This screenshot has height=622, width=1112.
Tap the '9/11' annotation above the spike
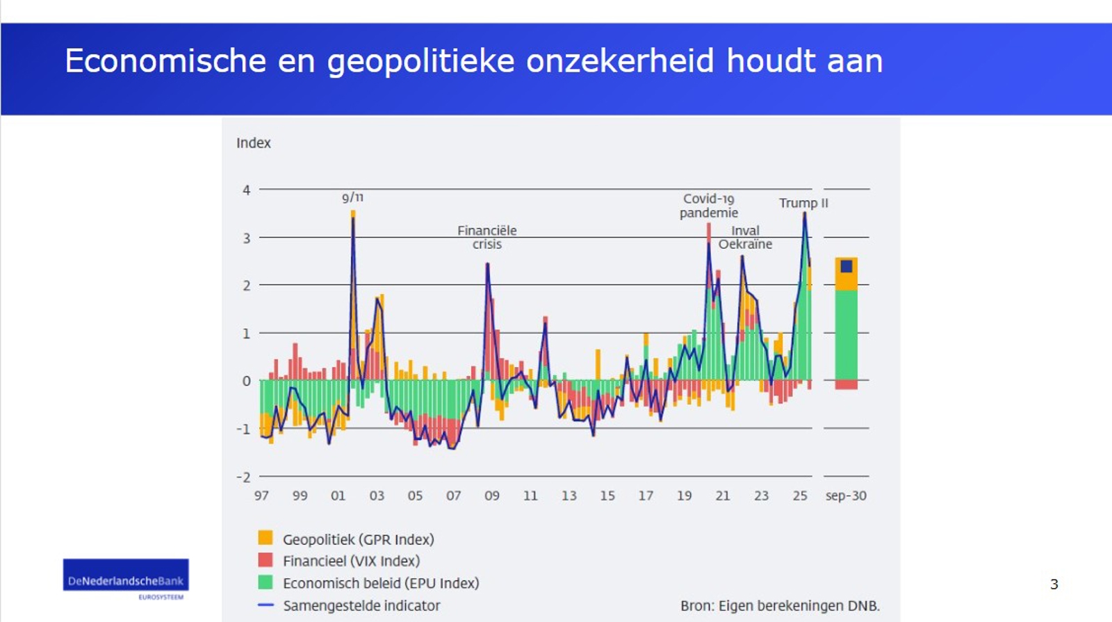point(352,197)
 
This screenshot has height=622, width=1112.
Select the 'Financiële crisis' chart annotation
point(486,237)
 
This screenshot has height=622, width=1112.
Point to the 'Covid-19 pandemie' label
point(708,206)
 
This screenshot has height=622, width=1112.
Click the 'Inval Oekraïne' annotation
point(745,237)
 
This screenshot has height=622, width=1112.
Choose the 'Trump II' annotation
point(803,203)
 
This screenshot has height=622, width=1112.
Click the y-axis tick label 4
point(246,190)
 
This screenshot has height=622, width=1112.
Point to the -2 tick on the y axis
point(243,477)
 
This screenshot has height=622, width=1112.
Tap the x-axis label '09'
point(491,496)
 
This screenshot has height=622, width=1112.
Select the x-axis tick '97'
point(261,496)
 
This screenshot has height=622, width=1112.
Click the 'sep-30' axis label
point(845,496)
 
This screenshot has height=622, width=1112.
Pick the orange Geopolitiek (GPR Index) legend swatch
point(265,538)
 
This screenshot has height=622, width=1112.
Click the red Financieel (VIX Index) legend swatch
point(265,560)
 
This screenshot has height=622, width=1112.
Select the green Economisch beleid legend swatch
point(265,582)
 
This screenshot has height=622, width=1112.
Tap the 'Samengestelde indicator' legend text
point(361,605)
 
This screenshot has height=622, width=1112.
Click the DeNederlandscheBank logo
point(126,578)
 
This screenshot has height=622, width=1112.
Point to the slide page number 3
point(1054,584)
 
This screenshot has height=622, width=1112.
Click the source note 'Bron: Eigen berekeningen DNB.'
point(780,605)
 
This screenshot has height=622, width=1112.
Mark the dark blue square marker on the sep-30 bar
point(846,266)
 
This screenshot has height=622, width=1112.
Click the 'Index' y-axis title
point(253,143)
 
